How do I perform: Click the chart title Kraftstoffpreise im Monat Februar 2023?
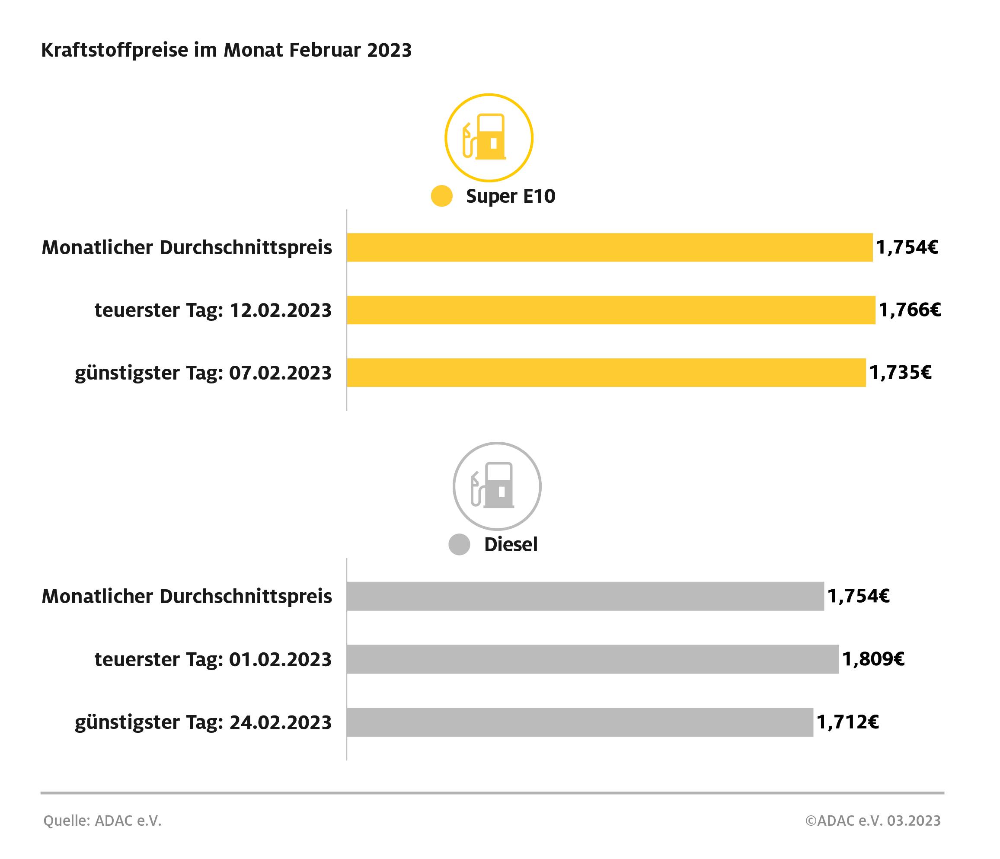point(227,50)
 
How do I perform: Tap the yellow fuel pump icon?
point(489,137)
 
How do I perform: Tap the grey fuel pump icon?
point(497,486)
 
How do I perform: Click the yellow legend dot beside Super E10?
point(441,196)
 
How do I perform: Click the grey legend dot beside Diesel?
point(459,545)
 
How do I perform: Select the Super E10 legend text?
point(511,196)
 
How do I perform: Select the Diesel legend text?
point(511,545)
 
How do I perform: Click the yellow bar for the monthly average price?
point(609,248)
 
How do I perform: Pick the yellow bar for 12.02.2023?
point(610,310)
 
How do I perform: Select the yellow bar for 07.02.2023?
point(606,373)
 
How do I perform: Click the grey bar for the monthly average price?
point(585,597)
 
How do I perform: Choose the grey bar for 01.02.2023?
point(592,659)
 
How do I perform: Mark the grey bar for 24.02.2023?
point(580,722)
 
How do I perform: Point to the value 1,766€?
point(909,310)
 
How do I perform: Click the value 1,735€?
point(900,373)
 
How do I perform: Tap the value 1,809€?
point(873,659)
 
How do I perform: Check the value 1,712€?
point(847,722)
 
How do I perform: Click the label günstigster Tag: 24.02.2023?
point(203,723)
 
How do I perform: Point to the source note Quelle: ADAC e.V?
point(102,821)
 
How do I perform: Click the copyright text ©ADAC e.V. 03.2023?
point(872,821)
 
